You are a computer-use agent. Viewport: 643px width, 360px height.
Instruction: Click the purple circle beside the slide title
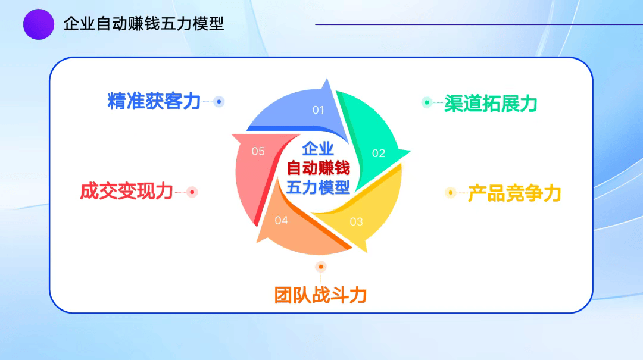pyautogui.click(x=39, y=24)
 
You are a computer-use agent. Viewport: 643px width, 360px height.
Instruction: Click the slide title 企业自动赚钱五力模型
pyautogui.click(x=143, y=24)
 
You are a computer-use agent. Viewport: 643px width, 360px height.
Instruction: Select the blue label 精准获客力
pyautogui.click(x=154, y=101)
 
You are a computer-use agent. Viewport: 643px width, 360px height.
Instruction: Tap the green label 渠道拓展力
pyautogui.click(x=491, y=104)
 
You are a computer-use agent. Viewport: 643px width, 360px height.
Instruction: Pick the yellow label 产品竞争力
pyautogui.click(x=514, y=193)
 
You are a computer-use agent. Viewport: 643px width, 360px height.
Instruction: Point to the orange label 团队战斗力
pyautogui.click(x=320, y=295)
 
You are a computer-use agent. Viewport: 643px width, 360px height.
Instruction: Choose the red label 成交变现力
pyautogui.click(x=126, y=191)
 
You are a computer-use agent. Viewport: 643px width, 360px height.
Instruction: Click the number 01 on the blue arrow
pyautogui.click(x=318, y=110)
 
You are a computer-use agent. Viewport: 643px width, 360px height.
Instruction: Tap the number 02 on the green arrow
pyautogui.click(x=379, y=154)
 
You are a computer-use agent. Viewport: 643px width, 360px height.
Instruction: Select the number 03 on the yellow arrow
pyautogui.click(x=357, y=222)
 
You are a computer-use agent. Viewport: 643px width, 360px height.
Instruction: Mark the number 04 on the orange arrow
pyautogui.click(x=281, y=221)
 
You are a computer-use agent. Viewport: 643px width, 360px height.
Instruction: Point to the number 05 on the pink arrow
pyautogui.click(x=258, y=151)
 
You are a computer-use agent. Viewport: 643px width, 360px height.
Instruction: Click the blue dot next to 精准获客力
pyautogui.click(x=219, y=101)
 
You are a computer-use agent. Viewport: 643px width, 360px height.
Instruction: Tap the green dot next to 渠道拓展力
pyautogui.click(x=427, y=102)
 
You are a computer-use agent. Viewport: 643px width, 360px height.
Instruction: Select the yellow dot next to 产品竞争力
pyautogui.click(x=451, y=192)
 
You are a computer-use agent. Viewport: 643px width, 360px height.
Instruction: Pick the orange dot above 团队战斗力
pyautogui.click(x=321, y=267)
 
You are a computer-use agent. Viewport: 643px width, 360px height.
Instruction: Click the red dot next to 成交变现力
pyautogui.click(x=192, y=192)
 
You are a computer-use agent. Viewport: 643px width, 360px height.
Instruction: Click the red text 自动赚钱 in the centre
pyautogui.click(x=318, y=168)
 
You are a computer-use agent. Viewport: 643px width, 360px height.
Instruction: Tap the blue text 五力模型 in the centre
pyautogui.click(x=318, y=187)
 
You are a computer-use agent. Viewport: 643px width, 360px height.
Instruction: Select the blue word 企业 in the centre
pyautogui.click(x=318, y=149)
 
